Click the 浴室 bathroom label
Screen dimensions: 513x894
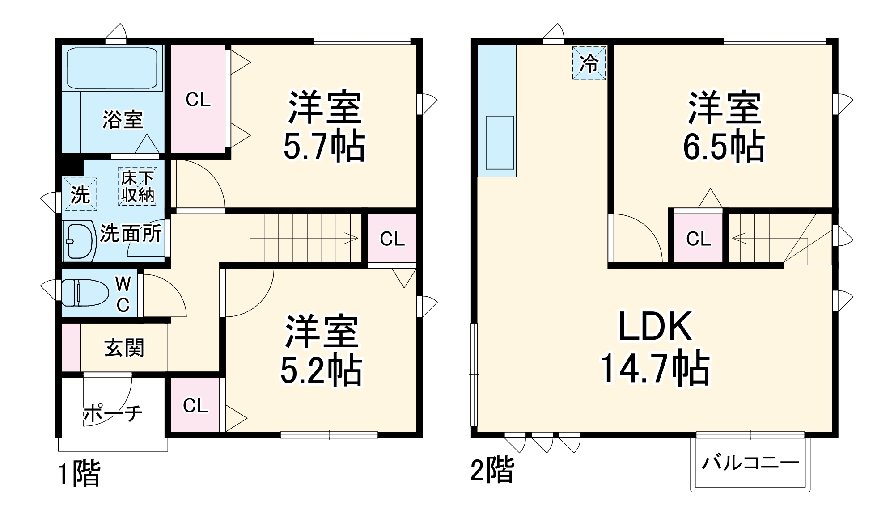[x=123, y=119]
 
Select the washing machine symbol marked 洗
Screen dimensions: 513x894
[x=80, y=194]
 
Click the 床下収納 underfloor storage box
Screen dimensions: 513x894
[x=138, y=187]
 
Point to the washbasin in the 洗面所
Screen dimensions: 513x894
[x=79, y=241]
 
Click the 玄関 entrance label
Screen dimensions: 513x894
[x=124, y=348]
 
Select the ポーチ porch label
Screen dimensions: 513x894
[x=113, y=413]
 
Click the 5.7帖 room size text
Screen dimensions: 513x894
[x=324, y=146]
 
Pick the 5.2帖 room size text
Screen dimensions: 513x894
[x=321, y=370]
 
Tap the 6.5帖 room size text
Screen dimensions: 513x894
[x=723, y=146]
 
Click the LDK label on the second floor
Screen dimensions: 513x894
[x=655, y=327]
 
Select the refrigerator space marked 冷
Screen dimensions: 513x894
[x=589, y=63]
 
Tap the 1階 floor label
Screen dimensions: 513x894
[x=80, y=473]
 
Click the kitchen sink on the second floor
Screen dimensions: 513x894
[x=500, y=143]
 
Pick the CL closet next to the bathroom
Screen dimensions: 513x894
[x=198, y=100]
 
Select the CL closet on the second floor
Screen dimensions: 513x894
[x=698, y=239]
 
